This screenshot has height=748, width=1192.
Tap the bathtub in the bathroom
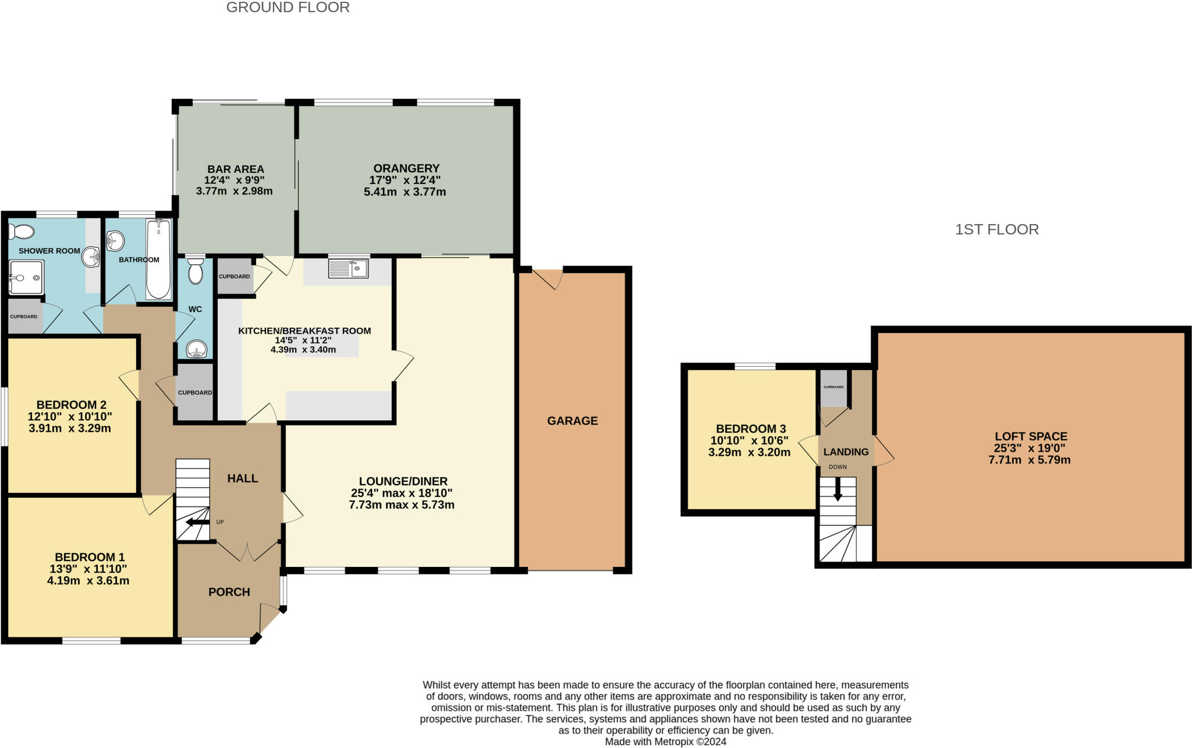point(158,260)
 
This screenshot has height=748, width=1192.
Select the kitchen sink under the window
point(348,268)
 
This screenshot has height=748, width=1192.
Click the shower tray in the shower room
point(26,277)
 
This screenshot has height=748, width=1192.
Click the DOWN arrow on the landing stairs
point(838,489)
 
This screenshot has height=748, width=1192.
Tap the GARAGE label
point(572,421)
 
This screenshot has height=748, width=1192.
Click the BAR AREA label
point(235,169)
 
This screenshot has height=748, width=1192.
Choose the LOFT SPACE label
point(1030,436)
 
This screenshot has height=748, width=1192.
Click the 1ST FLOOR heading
point(996,229)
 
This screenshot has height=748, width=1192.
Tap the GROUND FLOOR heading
point(288,8)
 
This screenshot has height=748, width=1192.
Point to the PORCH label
point(229,592)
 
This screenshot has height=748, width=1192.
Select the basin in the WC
point(196,350)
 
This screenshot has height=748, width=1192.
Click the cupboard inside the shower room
point(24,317)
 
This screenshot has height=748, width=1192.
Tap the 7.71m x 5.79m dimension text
point(1029,460)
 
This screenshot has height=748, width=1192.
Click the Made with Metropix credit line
point(665,742)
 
